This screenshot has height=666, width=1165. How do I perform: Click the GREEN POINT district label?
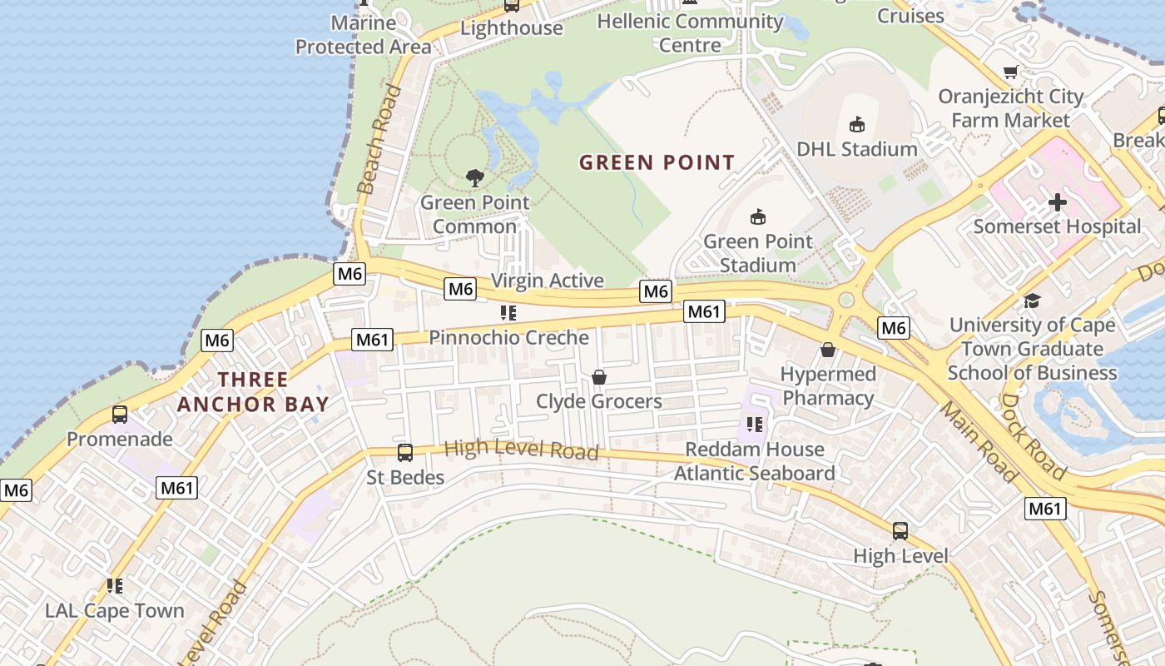[x=657, y=162]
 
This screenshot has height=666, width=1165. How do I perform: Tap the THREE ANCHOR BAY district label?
[x=253, y=392]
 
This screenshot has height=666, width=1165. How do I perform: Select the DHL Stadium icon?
[x=856, y=125]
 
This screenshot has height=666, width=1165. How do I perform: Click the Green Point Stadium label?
[x=757, y=253]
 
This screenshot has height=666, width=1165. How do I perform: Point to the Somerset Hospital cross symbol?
[x=1057, y=202]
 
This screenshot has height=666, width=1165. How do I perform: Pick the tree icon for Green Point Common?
[x=474, y=177]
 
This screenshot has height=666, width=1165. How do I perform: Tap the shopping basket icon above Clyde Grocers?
[x=599, y=378]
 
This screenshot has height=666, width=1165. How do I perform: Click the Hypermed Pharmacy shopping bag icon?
[x=828, y=350]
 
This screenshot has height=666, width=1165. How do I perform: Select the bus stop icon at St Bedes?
[x=405, y=453]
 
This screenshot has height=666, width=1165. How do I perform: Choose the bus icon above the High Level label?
[x=900, y=531]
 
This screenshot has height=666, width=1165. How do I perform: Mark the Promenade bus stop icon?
[x=120, y=415]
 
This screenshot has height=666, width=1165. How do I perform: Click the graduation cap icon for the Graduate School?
[x=1032, y=301]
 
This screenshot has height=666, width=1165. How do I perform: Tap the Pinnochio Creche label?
[x=508, y=337]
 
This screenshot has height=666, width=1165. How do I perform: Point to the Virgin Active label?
[x=548, y=281]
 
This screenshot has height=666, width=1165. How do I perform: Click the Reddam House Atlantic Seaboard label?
[x=754, y=461]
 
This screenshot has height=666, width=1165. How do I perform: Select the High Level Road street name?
[x=521, y=450]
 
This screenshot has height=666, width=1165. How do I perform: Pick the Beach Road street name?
[x=379, y=139]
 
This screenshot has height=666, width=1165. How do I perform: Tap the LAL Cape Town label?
[x=115, y=610]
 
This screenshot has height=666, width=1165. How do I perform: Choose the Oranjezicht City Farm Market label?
[x=1010, y=108]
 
